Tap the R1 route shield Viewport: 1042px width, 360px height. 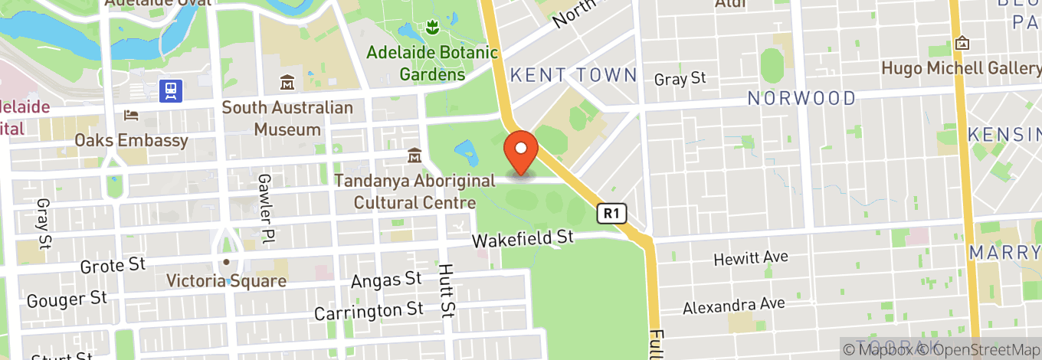pyautogui.click(x=611, y=214)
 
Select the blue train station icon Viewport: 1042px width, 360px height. pyautogui.click(x=170, y=91)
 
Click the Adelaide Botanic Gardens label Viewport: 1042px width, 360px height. pyautogui.click(x=432, y=64)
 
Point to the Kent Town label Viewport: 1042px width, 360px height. pyautogui.click(x=573, y=75)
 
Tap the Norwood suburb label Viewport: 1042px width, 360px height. pyautogui.click(x=801, y=98)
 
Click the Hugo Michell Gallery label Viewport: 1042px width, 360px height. pyautogui.click(x=961, y=68)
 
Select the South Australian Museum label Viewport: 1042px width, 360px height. pyautogui.click(x=287, y=119)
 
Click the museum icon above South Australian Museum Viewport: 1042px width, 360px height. pyautogui.click(x=287, y=83)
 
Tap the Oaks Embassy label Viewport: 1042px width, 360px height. pyautogui.click(x=131, y=141)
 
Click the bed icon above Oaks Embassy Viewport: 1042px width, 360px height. pyautogui.click(x=131, y=116)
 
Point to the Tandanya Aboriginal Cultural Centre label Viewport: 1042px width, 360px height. pyautogui.click(x=414, y=191)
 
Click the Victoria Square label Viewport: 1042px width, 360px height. pyautogui.click(x=227, y=281)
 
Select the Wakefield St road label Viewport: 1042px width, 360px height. pyautogui.click(x=523, y=239)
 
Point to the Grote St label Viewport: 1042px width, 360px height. pyautogui.click(x=113, y=266)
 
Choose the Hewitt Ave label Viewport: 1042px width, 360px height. pyautogui.click(x=750, y=259)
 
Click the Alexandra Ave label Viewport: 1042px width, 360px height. pyautogui.click(x=734, y=305)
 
